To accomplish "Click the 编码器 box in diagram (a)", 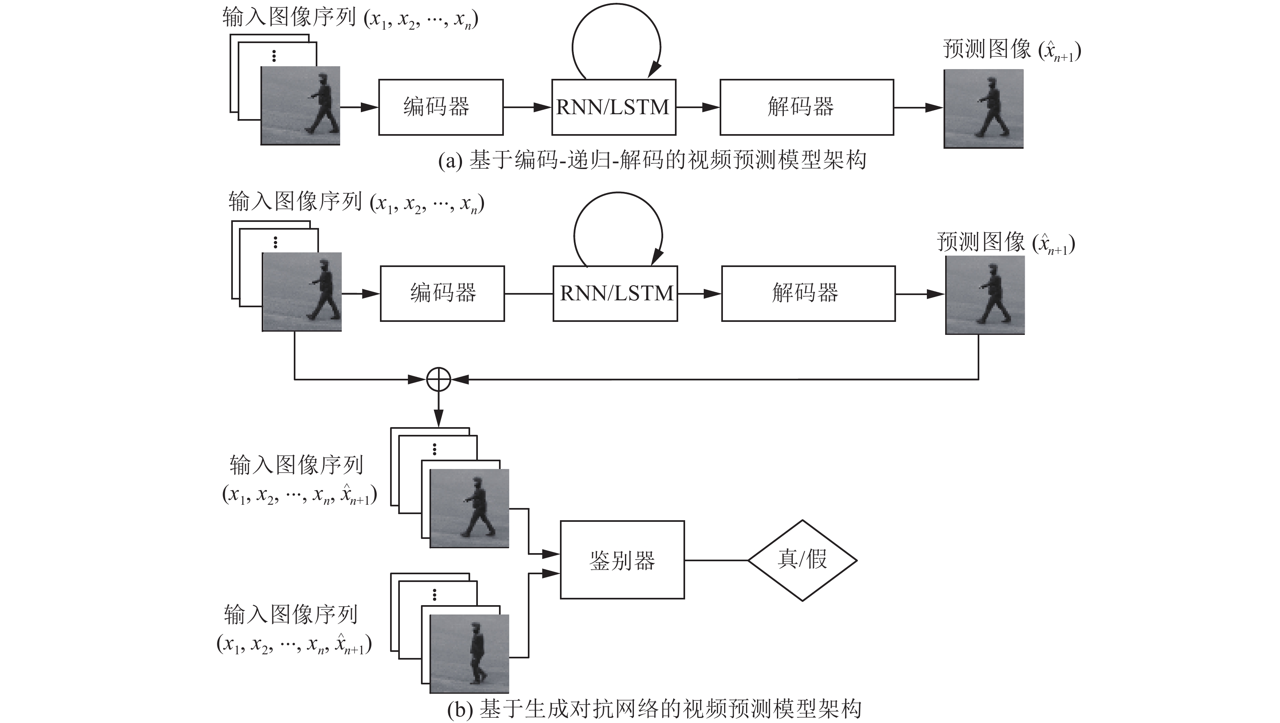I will [x=441, y=107].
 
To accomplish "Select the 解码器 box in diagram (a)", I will [x=807, y=107].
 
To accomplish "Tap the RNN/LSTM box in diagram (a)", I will [x=614, y=107].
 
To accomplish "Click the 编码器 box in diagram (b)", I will [x=442, y=293].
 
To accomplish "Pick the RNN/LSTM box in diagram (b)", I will [x=615, y=293].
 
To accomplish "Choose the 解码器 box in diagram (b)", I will [x=808, y=293].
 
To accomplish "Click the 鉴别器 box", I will [x=622, y=560].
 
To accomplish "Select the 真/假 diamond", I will [x=803, y=560].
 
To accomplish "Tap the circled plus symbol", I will [x=439, y=380].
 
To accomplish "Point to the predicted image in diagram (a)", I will [x=983, y=109].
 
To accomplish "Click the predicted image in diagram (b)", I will [x=985, y=295].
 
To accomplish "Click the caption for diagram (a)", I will [x=652, y=161].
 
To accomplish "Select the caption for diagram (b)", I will [x=654, y=709].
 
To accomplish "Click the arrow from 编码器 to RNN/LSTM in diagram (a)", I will [x=527, y=107].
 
